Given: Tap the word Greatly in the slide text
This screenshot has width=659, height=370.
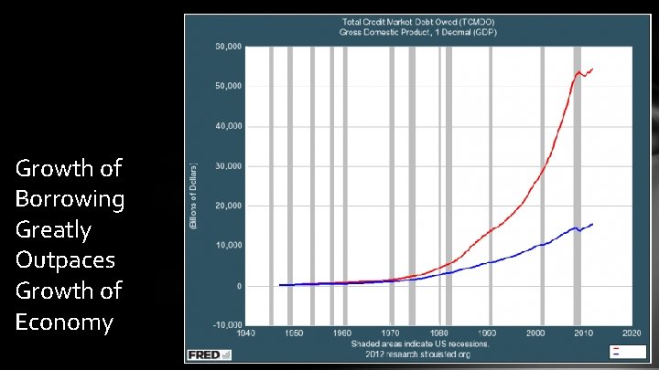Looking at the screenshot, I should click(52, 229).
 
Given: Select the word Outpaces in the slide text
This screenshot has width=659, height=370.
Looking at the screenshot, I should click(65, 260).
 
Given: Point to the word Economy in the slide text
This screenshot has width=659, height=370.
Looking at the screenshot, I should click(64, 322).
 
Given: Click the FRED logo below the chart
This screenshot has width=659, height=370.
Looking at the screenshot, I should click(203, 354).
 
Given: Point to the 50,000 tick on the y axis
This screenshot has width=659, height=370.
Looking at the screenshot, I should click(228, 86).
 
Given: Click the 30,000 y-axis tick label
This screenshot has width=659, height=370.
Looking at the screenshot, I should click(228, 166).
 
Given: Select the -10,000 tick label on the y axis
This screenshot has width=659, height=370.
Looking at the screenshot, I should click(226, 324).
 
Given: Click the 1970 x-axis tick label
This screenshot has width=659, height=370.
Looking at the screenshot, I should click(390, 333).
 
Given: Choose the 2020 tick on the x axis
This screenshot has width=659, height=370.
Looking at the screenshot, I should click(632, 333).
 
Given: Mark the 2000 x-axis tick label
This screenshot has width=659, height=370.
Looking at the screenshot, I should click(535, 333).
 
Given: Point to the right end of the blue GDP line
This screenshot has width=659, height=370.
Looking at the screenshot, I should click(592, 224).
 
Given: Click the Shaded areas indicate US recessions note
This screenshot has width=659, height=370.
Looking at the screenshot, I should click(421, 344).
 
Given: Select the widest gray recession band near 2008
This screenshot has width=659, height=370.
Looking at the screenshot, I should click(577, 183).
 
